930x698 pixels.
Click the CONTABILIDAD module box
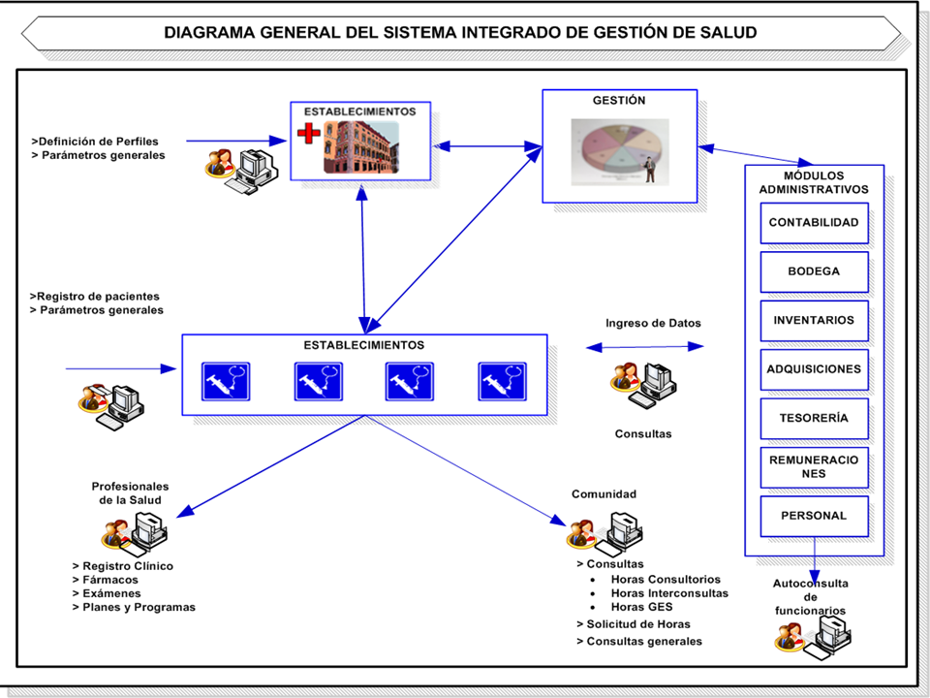pos(814,223)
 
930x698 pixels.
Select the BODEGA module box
pos(814,271)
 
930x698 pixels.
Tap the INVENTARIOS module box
pos(814,320)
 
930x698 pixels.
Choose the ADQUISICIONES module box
pos(814,369)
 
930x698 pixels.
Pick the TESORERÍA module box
pos(814,419)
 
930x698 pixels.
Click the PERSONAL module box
pos(814,516)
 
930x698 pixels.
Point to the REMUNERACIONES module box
pos(814,467)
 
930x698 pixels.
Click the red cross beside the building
pos(308,133)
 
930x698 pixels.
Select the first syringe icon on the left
pos(226,381)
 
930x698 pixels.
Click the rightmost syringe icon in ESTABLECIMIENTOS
pos(502,381)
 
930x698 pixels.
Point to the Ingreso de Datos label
pos(653,324)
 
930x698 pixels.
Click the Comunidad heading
pos(604,494)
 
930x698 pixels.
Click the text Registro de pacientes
pos(98,296)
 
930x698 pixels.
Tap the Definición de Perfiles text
pos(98,142)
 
